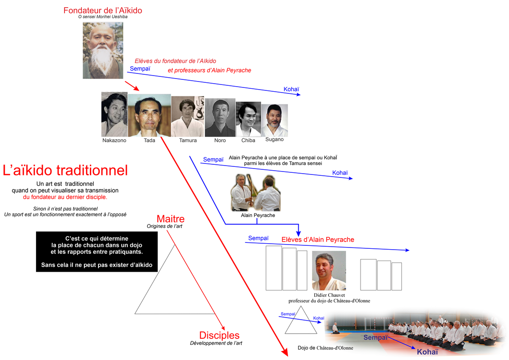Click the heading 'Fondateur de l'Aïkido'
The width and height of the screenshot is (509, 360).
click(103, 11)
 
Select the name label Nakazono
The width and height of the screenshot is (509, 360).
click(114, 141)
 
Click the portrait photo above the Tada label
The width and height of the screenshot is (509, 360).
click(149, 115)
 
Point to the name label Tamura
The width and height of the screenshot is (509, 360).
click(187, 141)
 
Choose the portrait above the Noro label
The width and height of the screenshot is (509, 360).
click(220, 117)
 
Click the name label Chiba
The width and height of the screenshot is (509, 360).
click(248, 141)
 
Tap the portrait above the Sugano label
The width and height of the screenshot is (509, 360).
click(274, 120)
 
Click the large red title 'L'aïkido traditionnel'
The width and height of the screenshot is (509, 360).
click(65, 170)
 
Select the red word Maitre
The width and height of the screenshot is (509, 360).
click(171, 219)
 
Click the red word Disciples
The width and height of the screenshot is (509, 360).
click(219, 335)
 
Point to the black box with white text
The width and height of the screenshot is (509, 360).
click(97, 251)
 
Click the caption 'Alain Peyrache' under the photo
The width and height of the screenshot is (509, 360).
click(258, 215)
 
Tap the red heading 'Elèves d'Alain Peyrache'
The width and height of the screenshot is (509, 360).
click(318, 239)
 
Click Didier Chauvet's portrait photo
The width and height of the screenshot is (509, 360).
click(329, 270)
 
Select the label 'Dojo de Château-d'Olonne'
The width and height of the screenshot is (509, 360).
click(325, 348)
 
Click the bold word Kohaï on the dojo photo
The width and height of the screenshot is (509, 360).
click(427, 352)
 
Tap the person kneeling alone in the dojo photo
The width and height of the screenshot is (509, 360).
click(335, 328)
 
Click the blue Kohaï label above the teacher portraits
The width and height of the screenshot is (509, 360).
click(291, 89)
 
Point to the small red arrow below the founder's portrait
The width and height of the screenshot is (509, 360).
click(132, 86)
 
